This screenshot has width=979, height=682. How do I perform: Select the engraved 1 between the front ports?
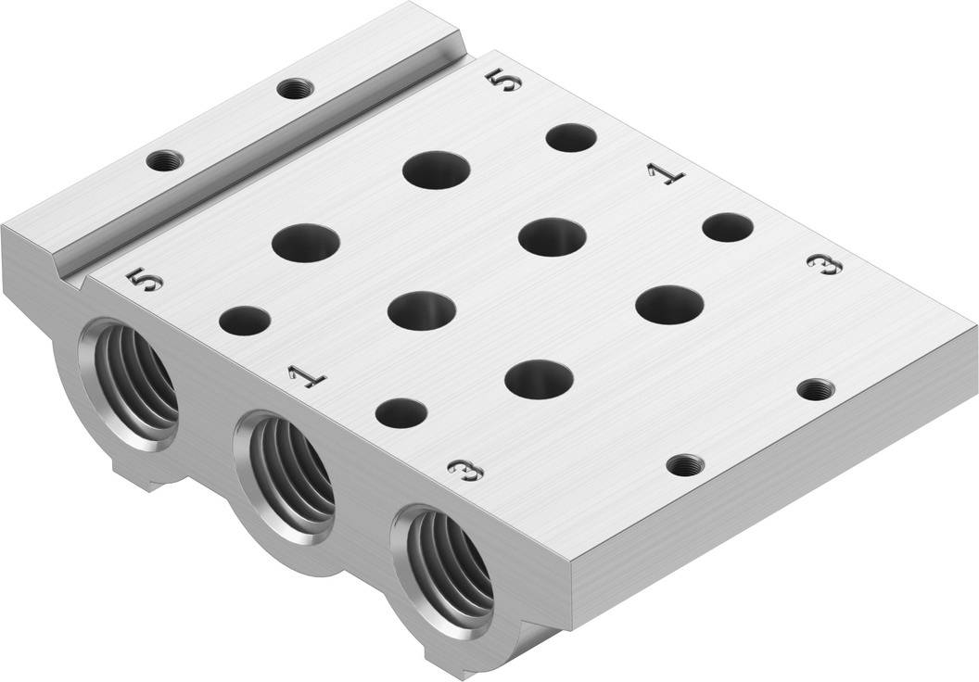(x=307, y=376)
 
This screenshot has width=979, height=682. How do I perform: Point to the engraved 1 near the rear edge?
(x=666, y=175)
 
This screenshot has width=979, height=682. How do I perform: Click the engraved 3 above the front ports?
(x=466, y=470)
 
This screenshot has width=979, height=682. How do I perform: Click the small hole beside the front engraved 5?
(x=245, y=321)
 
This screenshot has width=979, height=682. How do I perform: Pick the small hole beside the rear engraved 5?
(x=571, y=138)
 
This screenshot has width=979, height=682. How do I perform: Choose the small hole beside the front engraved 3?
(x=401, y=412)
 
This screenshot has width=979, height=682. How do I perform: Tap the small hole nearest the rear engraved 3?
(x=728, y=227)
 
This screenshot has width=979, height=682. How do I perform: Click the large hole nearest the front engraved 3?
(x=540, y=380)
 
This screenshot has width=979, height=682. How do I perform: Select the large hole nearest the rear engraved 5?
(x=437, y=169)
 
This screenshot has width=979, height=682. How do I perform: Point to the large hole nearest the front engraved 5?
(x=306, y=242)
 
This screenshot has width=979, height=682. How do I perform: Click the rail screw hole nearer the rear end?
(x=295, y=89)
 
